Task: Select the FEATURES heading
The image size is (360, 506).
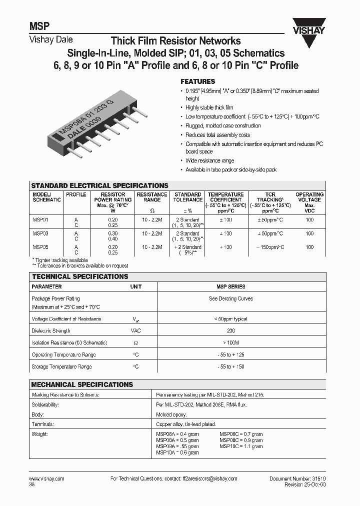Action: pos(197,81)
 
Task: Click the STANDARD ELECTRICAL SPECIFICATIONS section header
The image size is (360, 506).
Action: pos(99,185)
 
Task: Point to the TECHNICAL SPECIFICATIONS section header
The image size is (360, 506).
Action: pos(80,276)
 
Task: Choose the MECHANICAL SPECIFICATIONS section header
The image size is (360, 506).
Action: pos(82,384)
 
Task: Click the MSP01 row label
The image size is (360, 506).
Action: pos(40,219)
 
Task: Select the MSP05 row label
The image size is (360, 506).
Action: pos(40,247)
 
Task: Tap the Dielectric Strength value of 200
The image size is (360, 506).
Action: pos(230,331)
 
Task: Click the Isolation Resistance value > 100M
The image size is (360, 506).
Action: pos(230,343)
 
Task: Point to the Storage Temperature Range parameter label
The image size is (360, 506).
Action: pos(61,367)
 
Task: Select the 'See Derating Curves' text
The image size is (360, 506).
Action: pos(230,298)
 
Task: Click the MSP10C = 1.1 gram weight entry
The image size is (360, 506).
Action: pos(241,446)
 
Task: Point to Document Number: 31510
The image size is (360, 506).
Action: pos(297,478)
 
